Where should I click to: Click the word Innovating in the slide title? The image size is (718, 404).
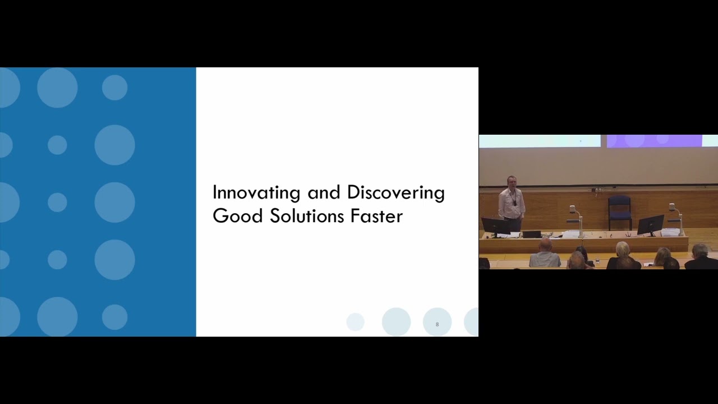click(256, 193)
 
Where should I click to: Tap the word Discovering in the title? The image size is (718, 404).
click(395, 193)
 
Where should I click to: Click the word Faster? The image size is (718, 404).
click(376, 216)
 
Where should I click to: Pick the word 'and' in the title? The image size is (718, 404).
click(324, 193)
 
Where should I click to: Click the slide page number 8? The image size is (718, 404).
click(437, 324)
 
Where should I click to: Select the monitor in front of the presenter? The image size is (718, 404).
click(495, 226)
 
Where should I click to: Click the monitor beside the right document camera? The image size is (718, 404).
click(650, 224)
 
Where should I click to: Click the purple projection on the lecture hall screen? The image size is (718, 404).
click(653, 140)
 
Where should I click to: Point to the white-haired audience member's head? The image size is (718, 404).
click(623, 249)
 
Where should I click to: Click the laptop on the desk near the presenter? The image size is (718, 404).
click(531, 234)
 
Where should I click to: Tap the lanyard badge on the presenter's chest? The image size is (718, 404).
click(514, 203)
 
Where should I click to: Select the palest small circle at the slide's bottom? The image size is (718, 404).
click(355, 322)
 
